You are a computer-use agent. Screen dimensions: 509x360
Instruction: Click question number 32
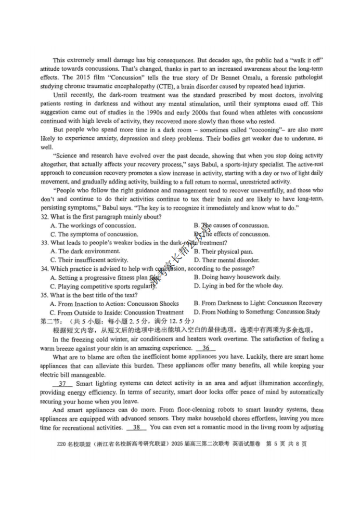coord(44,217)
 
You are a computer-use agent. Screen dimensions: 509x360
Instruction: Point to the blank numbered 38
coord(136,427)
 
